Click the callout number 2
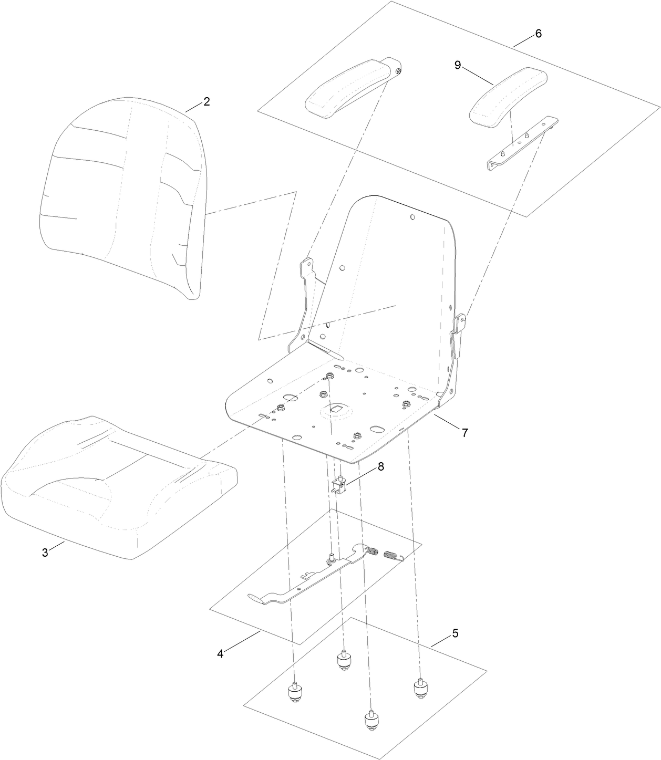pyautogui.click(x=206, y=102)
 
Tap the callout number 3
pyautogui.click(x=45, y=553)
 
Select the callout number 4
pyautogui.click(x=221, y=654)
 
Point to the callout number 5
pyautogui.click(x=455, y=633)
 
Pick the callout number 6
pyautogui.click(x=538, y=33)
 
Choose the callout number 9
pyautogui.click(x=457, y=65)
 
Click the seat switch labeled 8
pyautogui.click(x=339, y=484)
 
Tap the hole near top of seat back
pyautogui.click(x=412, y=216)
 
